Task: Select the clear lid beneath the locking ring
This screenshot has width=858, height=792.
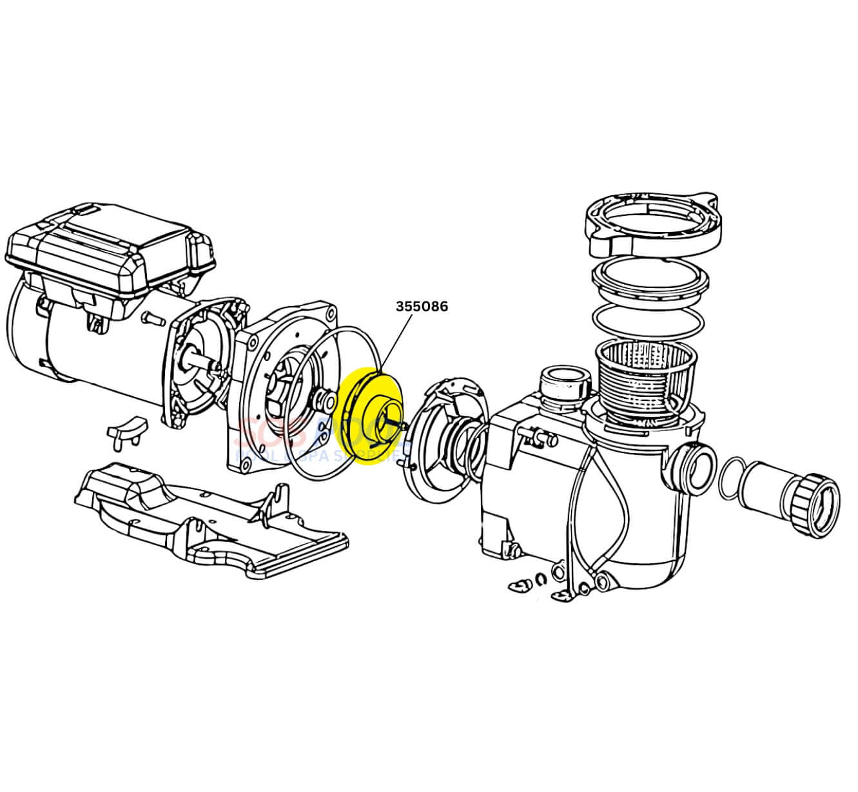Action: pos(650,278)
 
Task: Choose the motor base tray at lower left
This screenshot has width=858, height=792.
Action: pos(206,516)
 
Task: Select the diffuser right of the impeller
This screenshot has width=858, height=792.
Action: pos(448,432)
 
